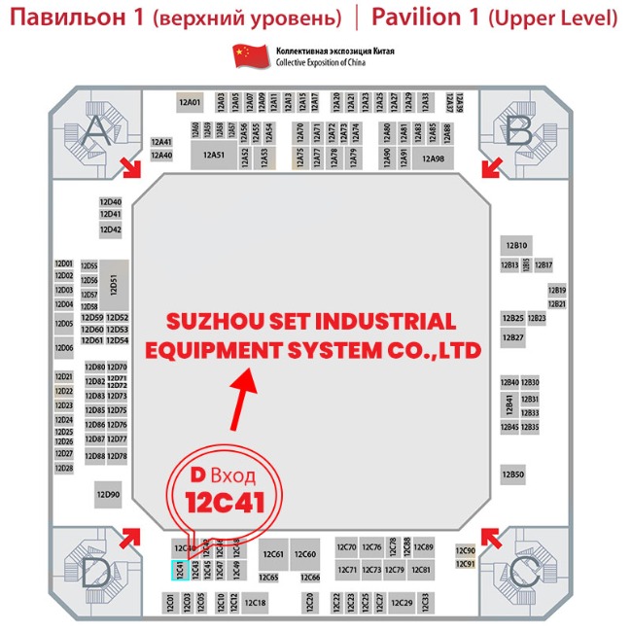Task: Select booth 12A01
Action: [x=190, y=101]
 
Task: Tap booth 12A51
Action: [x=214, y=156]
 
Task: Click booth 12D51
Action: [x=115, y=283]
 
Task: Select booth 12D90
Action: [x=108, y=495]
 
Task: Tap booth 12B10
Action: [x=515, y=246]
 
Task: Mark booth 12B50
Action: [x=513, y=474]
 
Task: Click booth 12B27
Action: [x=512, y=337]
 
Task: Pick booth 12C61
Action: [x=273, y=554]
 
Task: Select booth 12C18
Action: [x=256, y=603]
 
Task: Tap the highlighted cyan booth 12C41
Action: [x=180, y=571]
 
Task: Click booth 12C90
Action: [x=465, y=550]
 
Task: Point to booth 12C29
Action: [x=403, y=603]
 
